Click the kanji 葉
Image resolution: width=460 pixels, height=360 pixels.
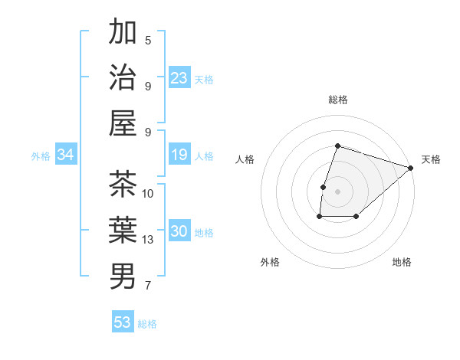[x=123, y=229]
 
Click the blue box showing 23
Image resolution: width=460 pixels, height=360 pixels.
[x=179, y=78]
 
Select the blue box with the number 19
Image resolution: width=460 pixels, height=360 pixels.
[x=179, y=155]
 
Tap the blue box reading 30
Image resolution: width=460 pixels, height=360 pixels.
[x=179, y=232]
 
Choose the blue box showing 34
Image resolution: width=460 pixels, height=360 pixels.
[x=66, y=155]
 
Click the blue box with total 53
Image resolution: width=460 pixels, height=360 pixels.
[x=123, y=322]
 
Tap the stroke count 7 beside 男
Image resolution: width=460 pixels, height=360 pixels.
[x=148, y=286]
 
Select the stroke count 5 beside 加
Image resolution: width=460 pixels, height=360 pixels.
[x=148, y=40]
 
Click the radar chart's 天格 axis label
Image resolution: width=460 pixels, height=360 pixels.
[x=431, y=159]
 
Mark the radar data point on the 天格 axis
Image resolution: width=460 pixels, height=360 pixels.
[x=412, y=168]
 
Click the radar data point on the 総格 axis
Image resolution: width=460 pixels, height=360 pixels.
[x=337, y=146]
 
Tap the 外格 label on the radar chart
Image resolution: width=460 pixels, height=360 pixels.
[x=270, y=262]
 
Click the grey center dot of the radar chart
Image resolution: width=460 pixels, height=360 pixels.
[x=337, y=191]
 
